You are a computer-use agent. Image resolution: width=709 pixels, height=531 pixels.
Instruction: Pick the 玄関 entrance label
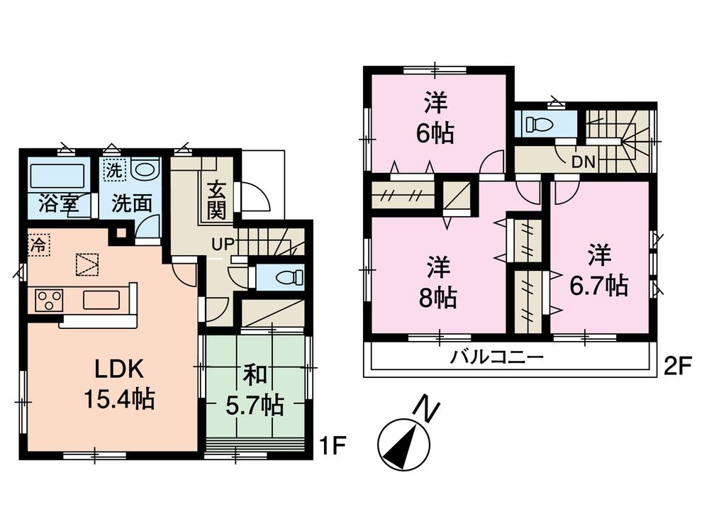[x=217, y=201]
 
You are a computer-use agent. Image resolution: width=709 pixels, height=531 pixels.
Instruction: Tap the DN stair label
[x=583, y=162]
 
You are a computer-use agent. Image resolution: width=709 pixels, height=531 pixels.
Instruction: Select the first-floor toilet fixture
[x=284, y=276]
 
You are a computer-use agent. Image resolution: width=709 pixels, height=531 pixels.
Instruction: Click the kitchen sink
[x=102, y=300]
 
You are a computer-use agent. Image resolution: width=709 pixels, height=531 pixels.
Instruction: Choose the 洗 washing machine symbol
[x=113, y=171]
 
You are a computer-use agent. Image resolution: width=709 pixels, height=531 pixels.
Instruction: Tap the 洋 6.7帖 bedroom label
[x=599, y=269]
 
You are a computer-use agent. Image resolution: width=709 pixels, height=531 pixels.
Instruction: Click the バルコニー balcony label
[x=497, y=356]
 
